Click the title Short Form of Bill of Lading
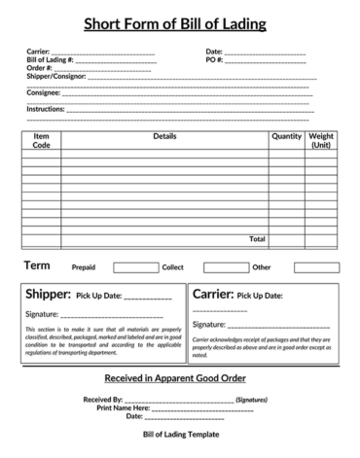point(181,23)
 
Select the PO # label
point(215,59)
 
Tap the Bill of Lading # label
point(49,59)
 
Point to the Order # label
point(40,67)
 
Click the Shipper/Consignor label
point(55,75)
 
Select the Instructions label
point(45,109)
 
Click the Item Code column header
point(42,140)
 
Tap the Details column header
point(164,136)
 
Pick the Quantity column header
point(286,136)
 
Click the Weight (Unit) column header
point(322,140)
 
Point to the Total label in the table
point(257,238)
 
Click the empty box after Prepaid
point(135,267)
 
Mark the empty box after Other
point(316,267)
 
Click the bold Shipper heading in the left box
point(47,294)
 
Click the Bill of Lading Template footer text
point(181,434)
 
